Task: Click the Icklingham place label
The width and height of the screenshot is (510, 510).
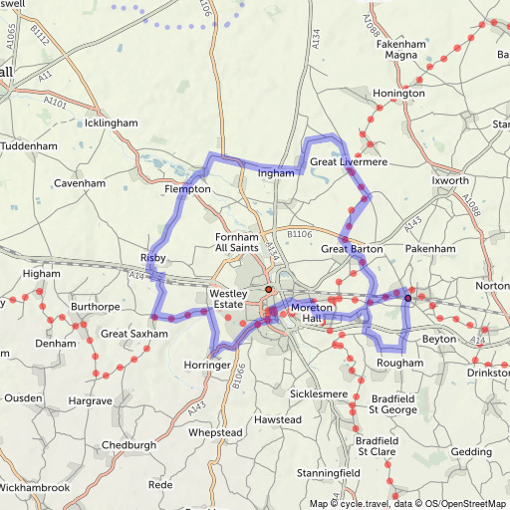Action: click(111, 124)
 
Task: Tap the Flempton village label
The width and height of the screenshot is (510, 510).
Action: click(187, 188)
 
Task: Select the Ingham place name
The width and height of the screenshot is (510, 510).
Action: click(277, 173)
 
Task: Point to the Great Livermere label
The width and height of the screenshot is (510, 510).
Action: click(348, 160)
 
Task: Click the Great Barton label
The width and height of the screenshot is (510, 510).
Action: click(352, 248)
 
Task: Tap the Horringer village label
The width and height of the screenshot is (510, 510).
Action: click(207, 366)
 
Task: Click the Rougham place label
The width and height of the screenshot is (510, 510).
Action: click(399, 364)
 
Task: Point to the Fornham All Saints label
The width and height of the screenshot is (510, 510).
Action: click(237, 242)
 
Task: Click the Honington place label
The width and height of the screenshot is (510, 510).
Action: click(398, 94)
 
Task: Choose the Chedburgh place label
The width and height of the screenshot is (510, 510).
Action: click(129, 445)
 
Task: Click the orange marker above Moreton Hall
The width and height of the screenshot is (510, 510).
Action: click(268, 289)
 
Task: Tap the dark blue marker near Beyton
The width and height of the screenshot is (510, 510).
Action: click(407, 297)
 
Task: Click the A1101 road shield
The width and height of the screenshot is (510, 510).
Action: click(56, 103)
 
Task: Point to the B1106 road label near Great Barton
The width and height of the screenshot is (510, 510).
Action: click(300, 233)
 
